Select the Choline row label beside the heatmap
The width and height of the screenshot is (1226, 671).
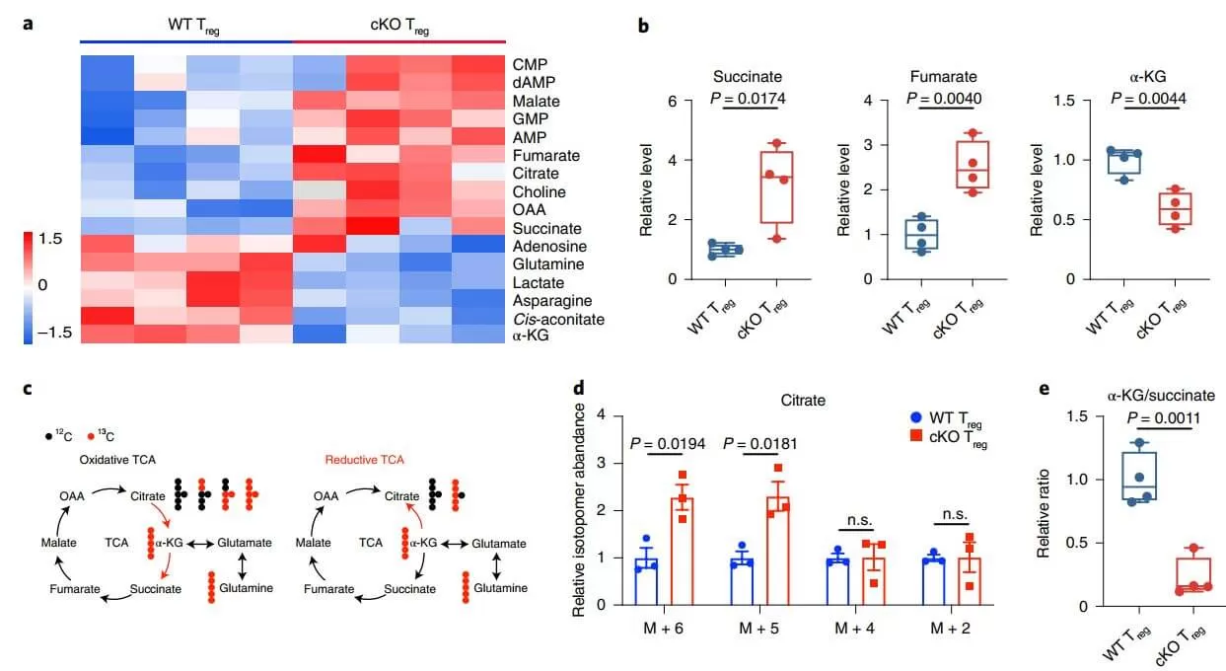coord(537,191)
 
